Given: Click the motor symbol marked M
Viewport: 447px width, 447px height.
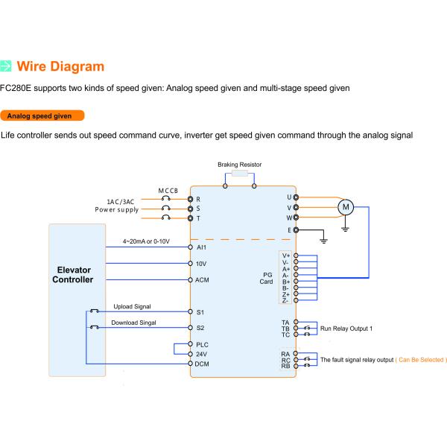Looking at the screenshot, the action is pos(346,207).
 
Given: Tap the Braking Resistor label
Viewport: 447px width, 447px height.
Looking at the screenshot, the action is pos(239,165).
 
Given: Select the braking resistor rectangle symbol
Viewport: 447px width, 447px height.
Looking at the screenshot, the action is pos(240,173).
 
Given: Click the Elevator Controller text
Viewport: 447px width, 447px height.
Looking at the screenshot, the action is pos(73,274).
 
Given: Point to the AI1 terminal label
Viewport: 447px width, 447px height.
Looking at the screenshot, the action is pos(201,247).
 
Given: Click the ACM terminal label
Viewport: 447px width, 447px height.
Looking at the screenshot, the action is pos(202,280).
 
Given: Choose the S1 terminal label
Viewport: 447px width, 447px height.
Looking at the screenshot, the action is pos(200,312).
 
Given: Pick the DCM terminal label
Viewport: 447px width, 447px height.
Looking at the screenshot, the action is pos(202,364).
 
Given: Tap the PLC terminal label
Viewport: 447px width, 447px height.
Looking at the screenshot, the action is pos(202,345).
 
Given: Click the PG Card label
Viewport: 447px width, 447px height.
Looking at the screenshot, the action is pos(267,278).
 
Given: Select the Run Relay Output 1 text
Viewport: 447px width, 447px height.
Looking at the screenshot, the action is pos(346,329).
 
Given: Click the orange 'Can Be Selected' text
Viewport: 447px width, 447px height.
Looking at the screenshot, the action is pos(421,360).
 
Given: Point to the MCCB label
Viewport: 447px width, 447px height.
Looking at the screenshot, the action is pos(168,191).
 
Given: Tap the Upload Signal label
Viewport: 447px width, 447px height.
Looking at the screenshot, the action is pos(132,306).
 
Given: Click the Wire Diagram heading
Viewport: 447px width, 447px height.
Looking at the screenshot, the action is pos(60,66).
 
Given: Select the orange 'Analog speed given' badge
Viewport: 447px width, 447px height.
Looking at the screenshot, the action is pos(42,115).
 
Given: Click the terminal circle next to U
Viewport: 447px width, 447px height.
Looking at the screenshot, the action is pos(296,197).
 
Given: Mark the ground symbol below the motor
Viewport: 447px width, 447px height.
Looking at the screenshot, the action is pos(345,229).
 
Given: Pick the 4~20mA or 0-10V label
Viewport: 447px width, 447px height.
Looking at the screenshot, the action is pos(146,241).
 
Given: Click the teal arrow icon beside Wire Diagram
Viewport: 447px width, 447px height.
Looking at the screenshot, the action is pos(6,66).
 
